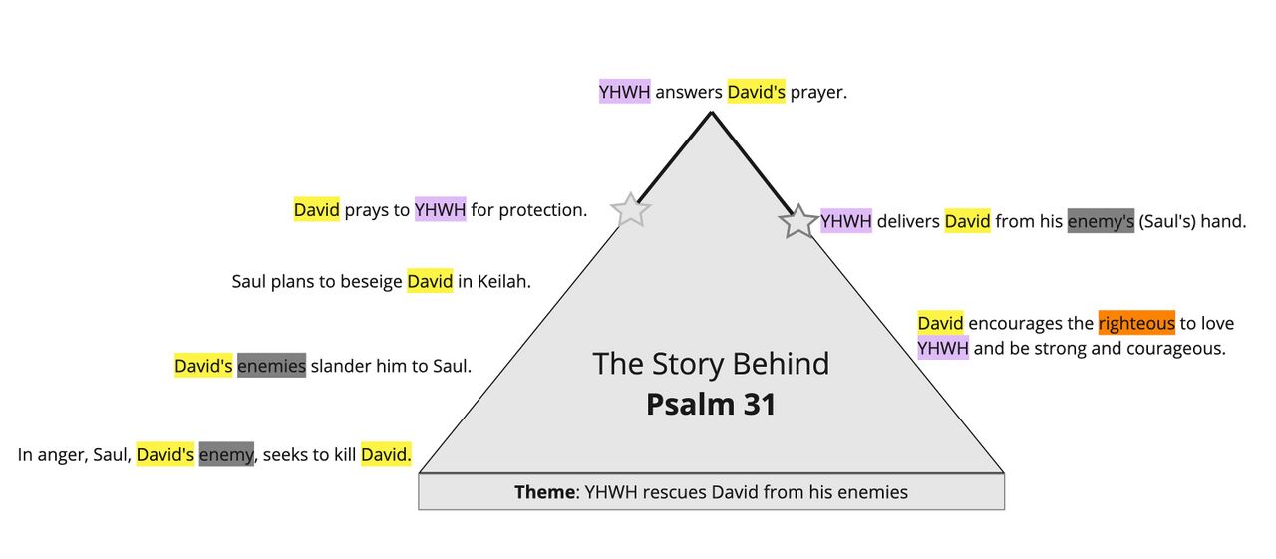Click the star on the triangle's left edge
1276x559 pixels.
[x=630, y=210]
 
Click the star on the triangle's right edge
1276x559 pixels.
[x=798, y=221]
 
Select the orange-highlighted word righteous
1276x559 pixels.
[x=1136, y=323]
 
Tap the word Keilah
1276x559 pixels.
[x=503, y=282]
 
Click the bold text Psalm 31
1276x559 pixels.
[x=711, y=405]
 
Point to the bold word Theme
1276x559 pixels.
[x=544, y=492]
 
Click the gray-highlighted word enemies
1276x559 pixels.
[x=271, y=366]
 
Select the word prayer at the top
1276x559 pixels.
[x=817, y=93]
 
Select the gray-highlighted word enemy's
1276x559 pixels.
[x=1101, y=221]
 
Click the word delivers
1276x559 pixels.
[x=908, y=221]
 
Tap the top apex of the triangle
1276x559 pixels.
[x=711, y=113]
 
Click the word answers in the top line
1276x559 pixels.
[x=688, y=93]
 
